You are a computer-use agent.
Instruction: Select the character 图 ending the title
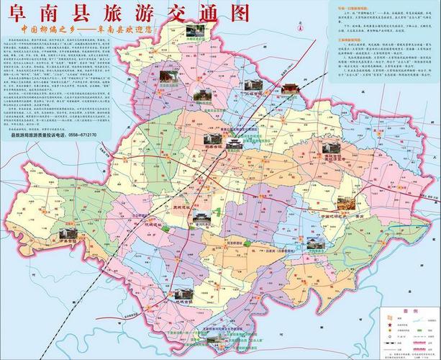[237, 13]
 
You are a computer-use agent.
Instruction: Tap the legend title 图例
[410, 311]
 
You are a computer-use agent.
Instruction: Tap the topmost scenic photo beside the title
[194, 31]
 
